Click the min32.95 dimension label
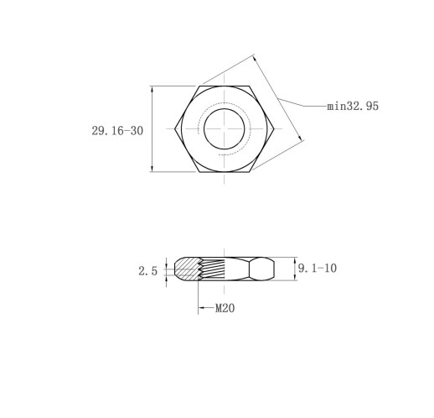pos(353,106)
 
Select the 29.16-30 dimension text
pos(117,131)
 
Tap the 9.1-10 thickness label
pos(318,269)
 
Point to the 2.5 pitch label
pos(148,271)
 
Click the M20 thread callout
pos(225,308)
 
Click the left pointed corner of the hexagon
pos(175,128)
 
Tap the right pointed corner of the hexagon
pos(274,128)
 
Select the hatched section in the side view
pos(187,269)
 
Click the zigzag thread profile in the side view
pos(200,269)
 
